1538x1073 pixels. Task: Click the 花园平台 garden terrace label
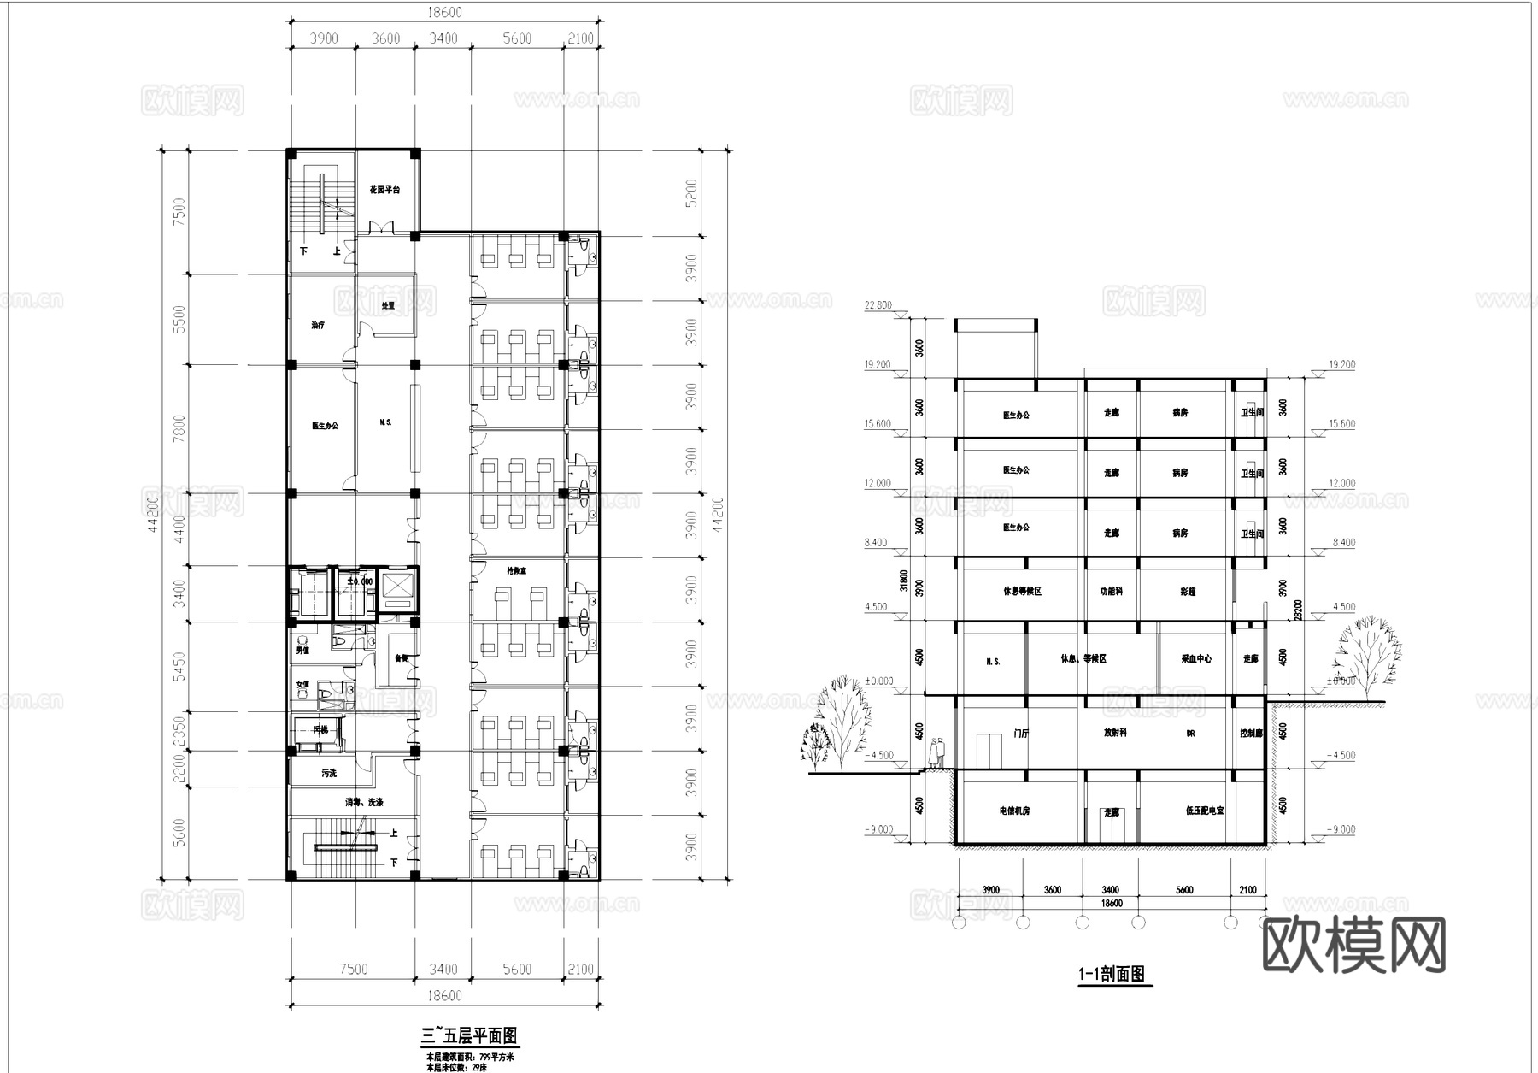tap(384, 189)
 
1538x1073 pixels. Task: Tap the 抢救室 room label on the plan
tap(515, 569)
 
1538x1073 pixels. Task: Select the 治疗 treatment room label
tap(318, 325)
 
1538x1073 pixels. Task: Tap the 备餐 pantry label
tap(400, 658)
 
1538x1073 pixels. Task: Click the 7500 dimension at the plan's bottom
tap(353, 969)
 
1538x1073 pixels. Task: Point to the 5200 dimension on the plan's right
tap(692, 193)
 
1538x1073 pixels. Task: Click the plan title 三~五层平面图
tap(470, 1036)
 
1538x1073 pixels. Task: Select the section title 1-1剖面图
tap(1111, 974)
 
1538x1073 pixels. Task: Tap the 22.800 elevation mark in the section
tap(878, 305)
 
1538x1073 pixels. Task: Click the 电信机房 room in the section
tap(1013, 810)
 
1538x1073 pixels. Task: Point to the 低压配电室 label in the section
tap(1205, 810)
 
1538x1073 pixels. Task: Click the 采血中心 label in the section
tap(1195, 659)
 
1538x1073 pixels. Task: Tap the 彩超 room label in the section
tap(1188, 592)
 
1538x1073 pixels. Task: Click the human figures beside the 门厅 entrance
tap(938, 752)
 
